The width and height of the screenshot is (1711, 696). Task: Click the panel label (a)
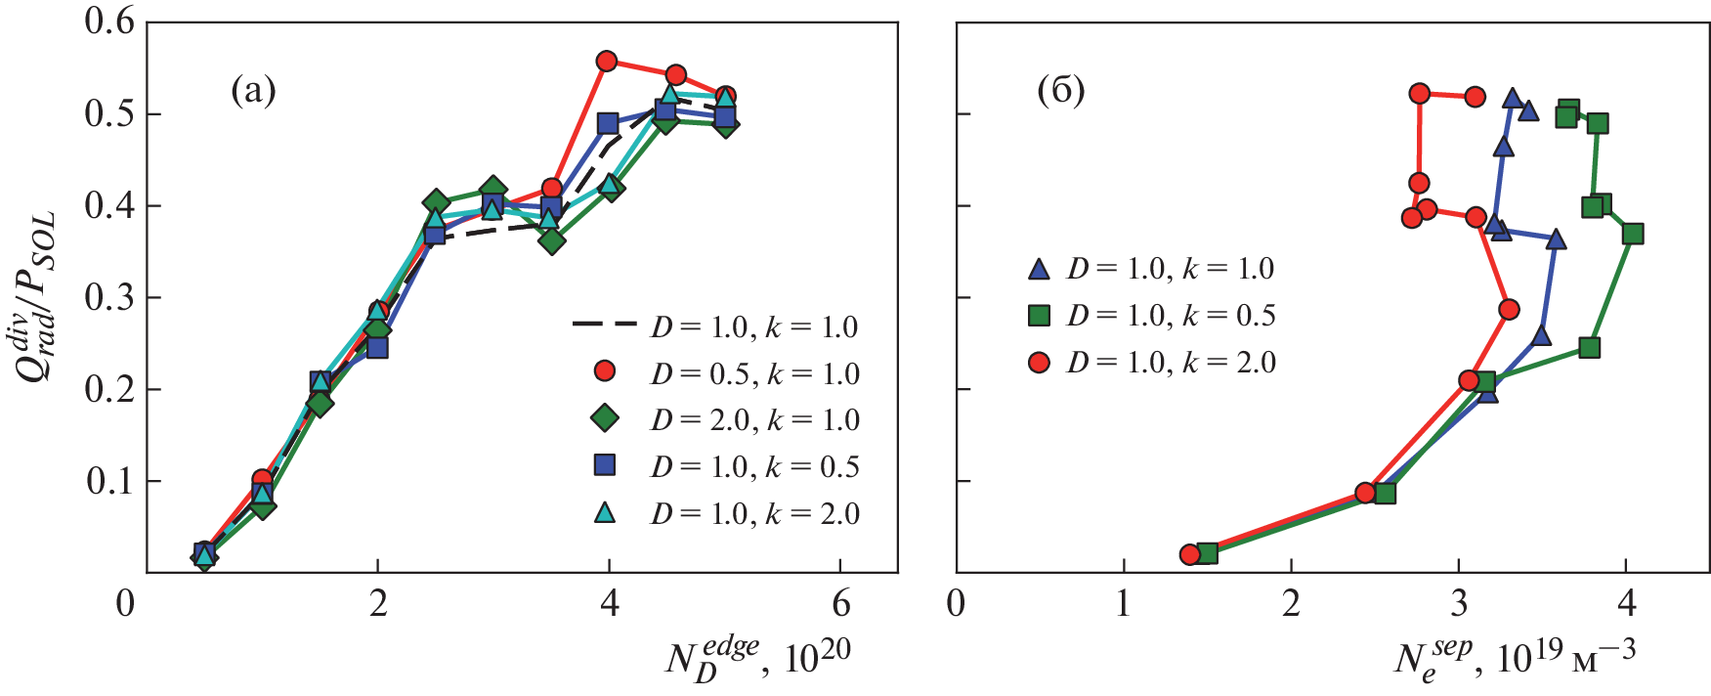coord(253,91)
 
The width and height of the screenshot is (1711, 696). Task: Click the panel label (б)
coord(1060,91)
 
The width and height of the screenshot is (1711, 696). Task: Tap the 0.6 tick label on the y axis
coord(109,22)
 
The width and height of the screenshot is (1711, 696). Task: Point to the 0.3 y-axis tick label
coord(109,297)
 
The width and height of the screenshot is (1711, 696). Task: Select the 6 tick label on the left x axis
coord(840,604)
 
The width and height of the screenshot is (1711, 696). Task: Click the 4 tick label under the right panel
coord(1626,604)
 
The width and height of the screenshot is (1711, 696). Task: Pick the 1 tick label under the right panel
coord(1124,604)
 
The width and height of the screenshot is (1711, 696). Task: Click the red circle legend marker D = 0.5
coord(606,371)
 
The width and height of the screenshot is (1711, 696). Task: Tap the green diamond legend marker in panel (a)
coord(606,418)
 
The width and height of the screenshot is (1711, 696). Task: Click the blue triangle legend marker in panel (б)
coord(1039,269)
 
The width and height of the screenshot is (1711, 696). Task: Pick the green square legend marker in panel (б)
coord(1039,315)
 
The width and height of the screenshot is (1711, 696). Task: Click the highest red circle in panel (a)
coord(606,62)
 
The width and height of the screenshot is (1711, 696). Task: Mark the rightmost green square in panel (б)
coord(1632,234)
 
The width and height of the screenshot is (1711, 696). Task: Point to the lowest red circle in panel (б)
coord(1190,554)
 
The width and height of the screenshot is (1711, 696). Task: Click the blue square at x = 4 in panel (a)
coord(608,124)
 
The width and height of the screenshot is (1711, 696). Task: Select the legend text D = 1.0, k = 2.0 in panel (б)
coord(1171,363)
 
